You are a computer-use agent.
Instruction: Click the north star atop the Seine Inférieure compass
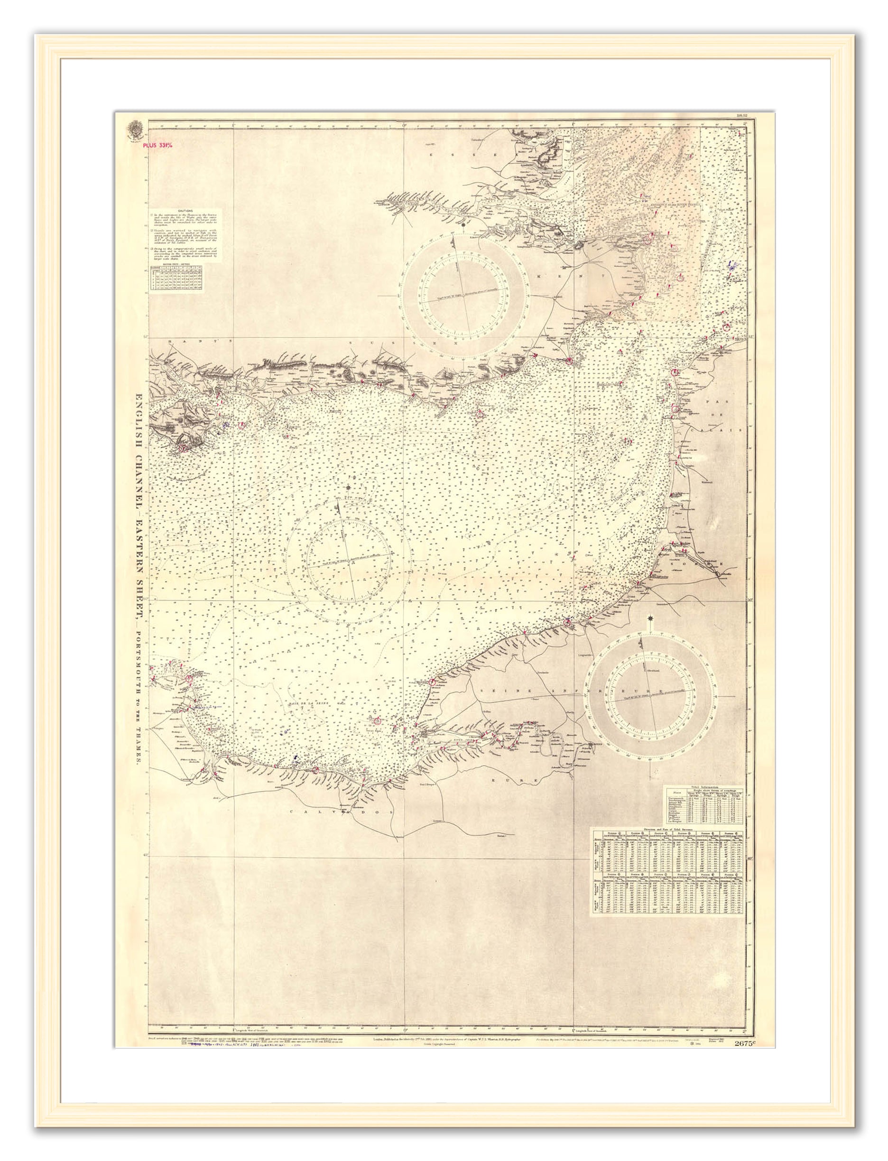click(x=649, y=618)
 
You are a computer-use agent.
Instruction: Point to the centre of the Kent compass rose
click(x=463, y=296)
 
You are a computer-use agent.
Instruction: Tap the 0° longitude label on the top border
click(x=404, y=125)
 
